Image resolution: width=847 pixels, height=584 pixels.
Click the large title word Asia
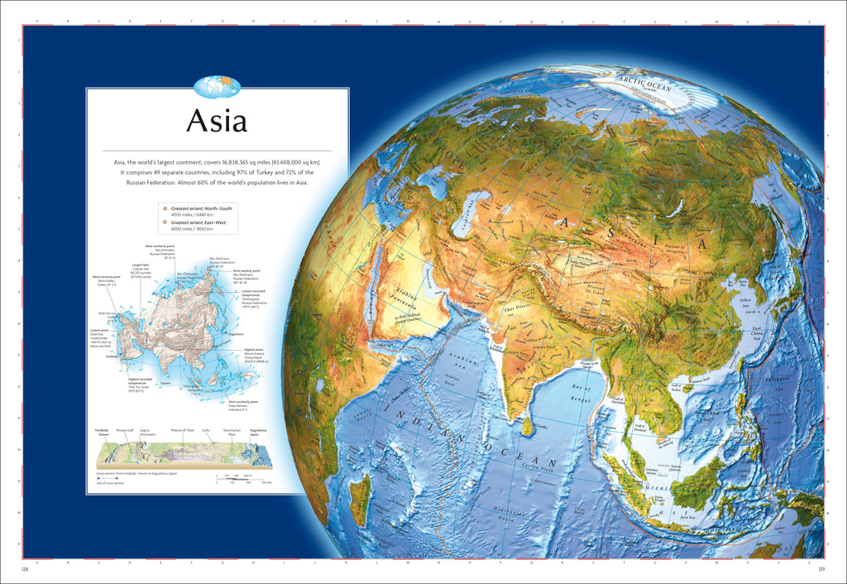217,121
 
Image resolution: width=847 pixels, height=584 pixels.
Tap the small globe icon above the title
217,85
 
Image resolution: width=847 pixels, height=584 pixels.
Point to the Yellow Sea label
749,303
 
